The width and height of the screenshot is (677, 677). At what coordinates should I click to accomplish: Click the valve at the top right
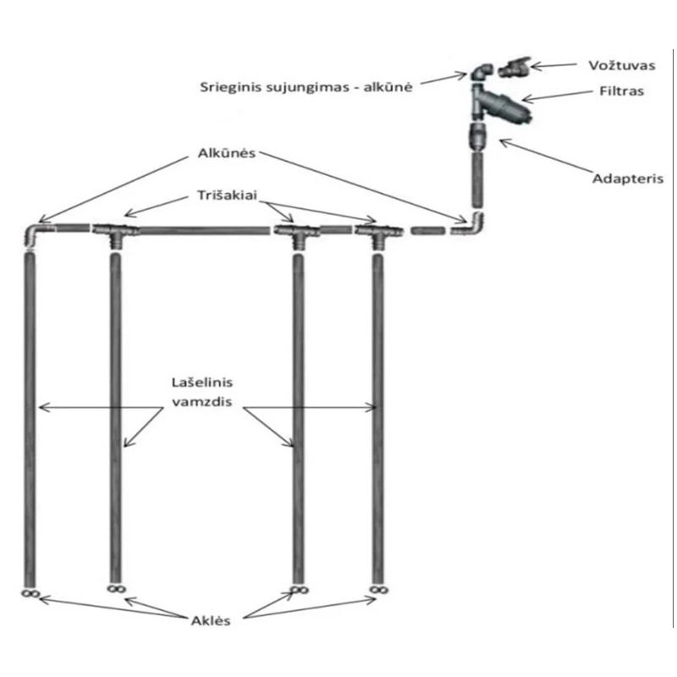[x=515, y=68]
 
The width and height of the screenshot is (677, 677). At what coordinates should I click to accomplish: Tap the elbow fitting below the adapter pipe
[x=476, y=225]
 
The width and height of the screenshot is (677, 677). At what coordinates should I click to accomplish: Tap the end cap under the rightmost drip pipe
[x=375, y=588]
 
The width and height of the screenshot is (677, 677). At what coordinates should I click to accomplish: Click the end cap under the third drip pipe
[x=297, y=588]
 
